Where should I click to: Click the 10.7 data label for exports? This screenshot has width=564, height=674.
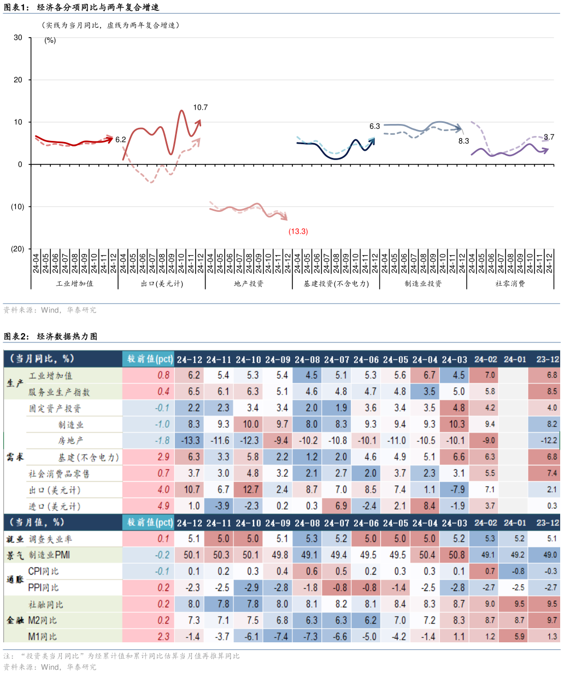tap(201, 108)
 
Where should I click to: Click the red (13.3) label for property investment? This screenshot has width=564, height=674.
tap(298, 232)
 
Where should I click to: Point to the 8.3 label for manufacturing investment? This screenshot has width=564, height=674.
tap(463, 141)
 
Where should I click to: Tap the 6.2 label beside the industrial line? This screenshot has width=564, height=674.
tap(121, 140)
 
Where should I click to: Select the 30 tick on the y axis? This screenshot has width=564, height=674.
tap(18, 38)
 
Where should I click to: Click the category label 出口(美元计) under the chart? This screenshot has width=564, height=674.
tap(162, 284)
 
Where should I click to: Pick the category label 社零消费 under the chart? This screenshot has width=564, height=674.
tap(510, 284)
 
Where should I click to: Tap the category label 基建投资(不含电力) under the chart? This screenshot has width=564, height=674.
tap(336, 284)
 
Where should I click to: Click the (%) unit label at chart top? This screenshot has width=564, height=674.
tap(50, 40)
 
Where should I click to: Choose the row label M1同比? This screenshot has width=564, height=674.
tap(43, 637)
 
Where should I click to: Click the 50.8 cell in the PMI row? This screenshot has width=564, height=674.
tap(456, 555)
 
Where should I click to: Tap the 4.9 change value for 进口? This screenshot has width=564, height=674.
tap(163, 506)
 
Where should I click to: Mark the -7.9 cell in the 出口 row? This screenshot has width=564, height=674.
tap(456, 490)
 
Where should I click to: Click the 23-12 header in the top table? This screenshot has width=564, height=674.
tap(547, 359)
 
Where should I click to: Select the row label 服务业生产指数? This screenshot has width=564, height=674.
tap(59, 392)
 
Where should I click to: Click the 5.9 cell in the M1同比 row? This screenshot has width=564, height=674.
tap(519, 637)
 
